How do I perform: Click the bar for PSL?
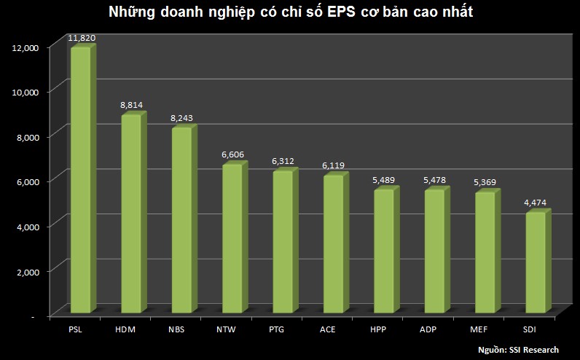click(x=80, y=179)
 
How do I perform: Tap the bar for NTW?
click(x=232, y=238)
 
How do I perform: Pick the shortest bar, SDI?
click(x=535, y=262)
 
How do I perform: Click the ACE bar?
click(x=333, y=243)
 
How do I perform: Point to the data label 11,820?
click(x=82, y=37)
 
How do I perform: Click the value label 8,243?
click(x=181, y=118)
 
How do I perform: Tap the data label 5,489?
click(x=383, y=180)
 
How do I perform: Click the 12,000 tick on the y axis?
click(x=27, y=47)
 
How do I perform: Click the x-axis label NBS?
click(x=176, y=330)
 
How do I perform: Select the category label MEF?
click(x=479, y=330)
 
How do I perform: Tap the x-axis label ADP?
click(x=428, y=330)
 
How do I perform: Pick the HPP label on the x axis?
click(x=378, y=330)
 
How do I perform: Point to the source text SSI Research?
click(x=540, y=351)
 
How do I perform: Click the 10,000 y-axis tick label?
click(x=27, y=92)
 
